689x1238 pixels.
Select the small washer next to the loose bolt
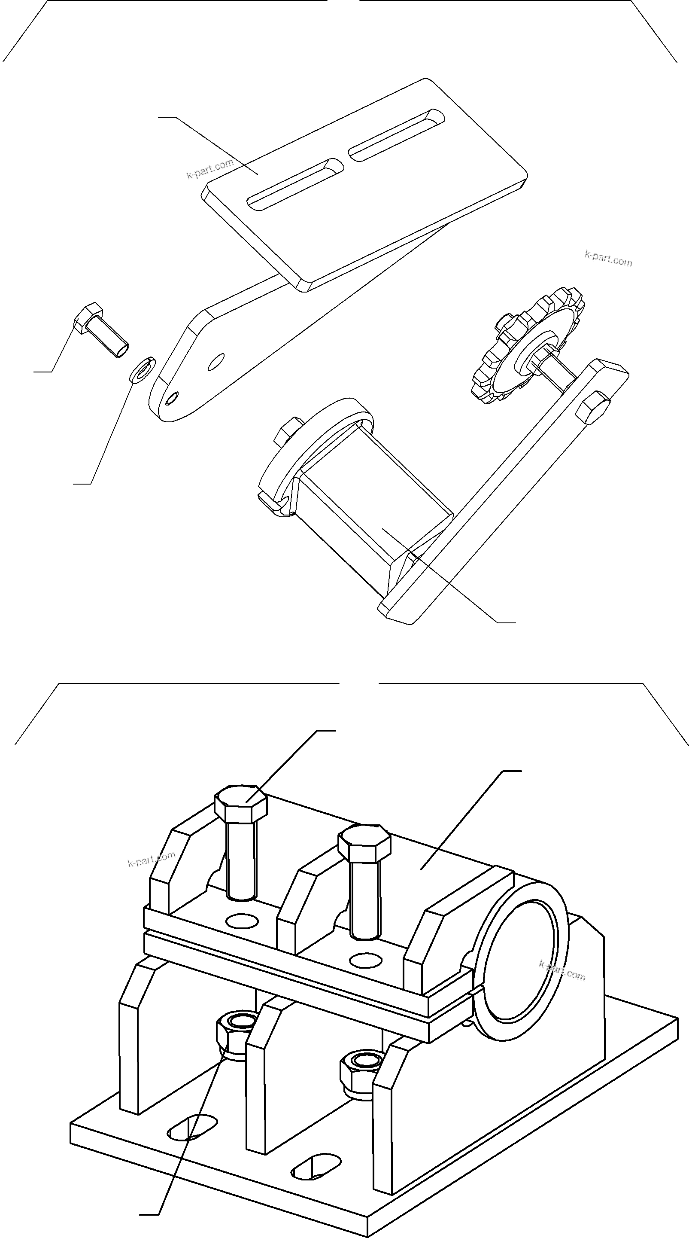click(142, 369)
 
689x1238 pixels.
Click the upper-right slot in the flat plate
click(397, 134)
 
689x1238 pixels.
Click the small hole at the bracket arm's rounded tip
click(172, 398)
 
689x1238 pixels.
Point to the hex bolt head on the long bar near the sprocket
click(593, 406)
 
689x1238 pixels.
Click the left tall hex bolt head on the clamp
click(240, 802)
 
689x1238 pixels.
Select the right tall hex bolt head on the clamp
click(364, 842)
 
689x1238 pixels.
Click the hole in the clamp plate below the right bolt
click(366, 960)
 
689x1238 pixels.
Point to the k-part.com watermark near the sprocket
click(608, 259)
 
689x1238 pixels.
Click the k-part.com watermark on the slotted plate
click(210, 169)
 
